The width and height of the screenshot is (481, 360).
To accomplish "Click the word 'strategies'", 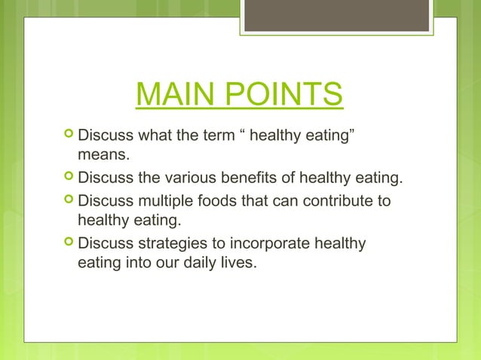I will click(171, 245).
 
